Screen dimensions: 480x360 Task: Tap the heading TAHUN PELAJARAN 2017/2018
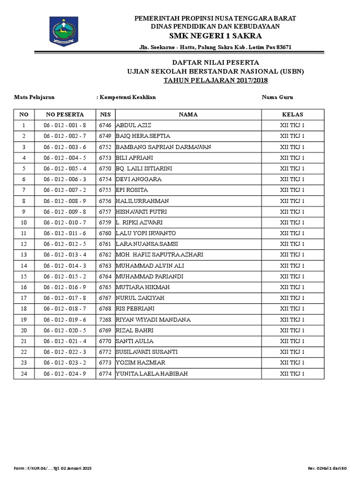pyautogui.click(x=215, y=81)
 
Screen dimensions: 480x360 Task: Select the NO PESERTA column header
pyautogui.click(x=65, y=114)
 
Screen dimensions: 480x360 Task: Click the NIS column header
pyautogui.click(x=105, y=114)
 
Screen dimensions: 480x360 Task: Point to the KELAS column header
pyautogui.click(x=292, y=114)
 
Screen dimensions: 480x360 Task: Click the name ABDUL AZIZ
pyautogui.click(x=133, y=125)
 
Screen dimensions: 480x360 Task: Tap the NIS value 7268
pyautogui.click(x=105, y=320)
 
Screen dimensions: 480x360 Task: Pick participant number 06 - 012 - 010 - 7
pyautogui.click(x=65, y=222)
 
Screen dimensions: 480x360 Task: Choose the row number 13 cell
pyautogui.click(x=24, y=255)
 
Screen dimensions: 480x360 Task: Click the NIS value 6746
pyautogui.click(x=105, y=125)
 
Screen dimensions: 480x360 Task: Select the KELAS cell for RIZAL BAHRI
pyautogui.click(x=292, y=330)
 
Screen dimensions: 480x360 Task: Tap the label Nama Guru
pyautogui.click(x=277, y=97)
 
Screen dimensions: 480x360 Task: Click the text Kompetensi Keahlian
pyautogui.click(x=127, y=97)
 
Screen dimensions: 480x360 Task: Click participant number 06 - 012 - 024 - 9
pyautogui.click(x=65, y=374)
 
